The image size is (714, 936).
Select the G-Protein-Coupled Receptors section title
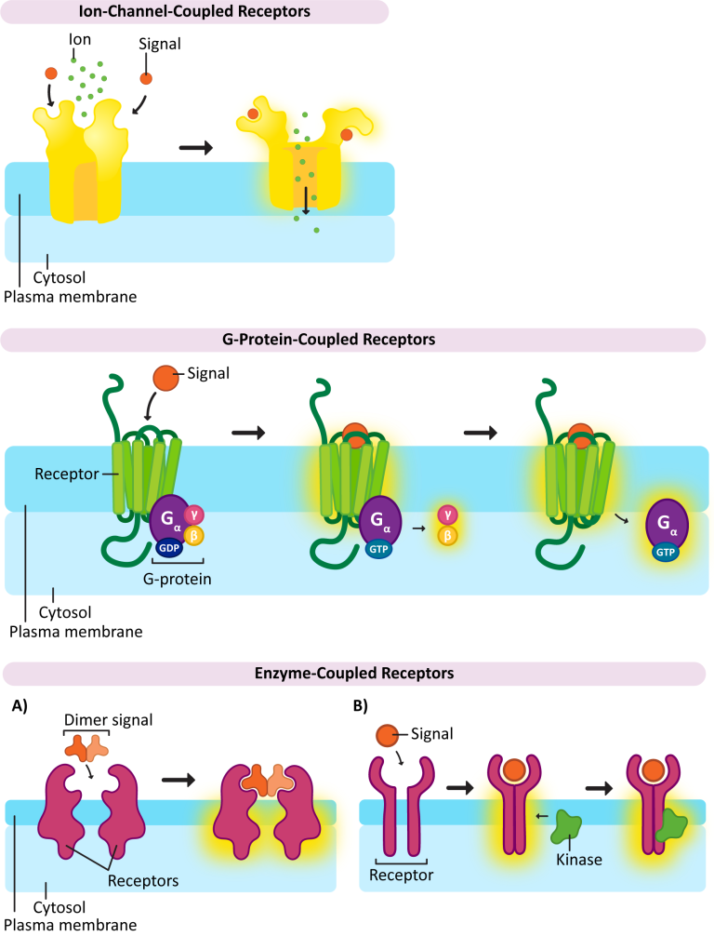(356, 340)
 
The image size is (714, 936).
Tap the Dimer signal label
(95, 720)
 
